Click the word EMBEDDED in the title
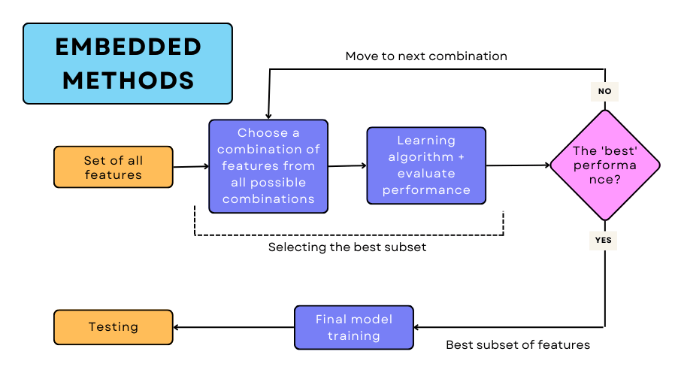coord(128,47)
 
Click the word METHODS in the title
coord(128,80)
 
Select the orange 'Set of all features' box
coord(114,167)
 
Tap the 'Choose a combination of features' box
coord(268,166)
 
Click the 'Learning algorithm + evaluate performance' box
coord(426,165)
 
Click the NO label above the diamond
coord(604,91)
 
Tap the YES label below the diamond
coord(604,241)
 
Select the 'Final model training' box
coord(353,327)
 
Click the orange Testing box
coord(114,327)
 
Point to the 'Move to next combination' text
coord(426,56)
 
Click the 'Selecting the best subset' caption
coord(347,247)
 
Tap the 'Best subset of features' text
coord(518,345)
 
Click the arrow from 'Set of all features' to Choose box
coord(191,166)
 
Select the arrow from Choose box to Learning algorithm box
coord(347,165)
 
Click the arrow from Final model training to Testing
coord(234,327)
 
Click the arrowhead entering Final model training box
coord(419,327)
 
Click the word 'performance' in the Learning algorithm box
coord(426,190)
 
